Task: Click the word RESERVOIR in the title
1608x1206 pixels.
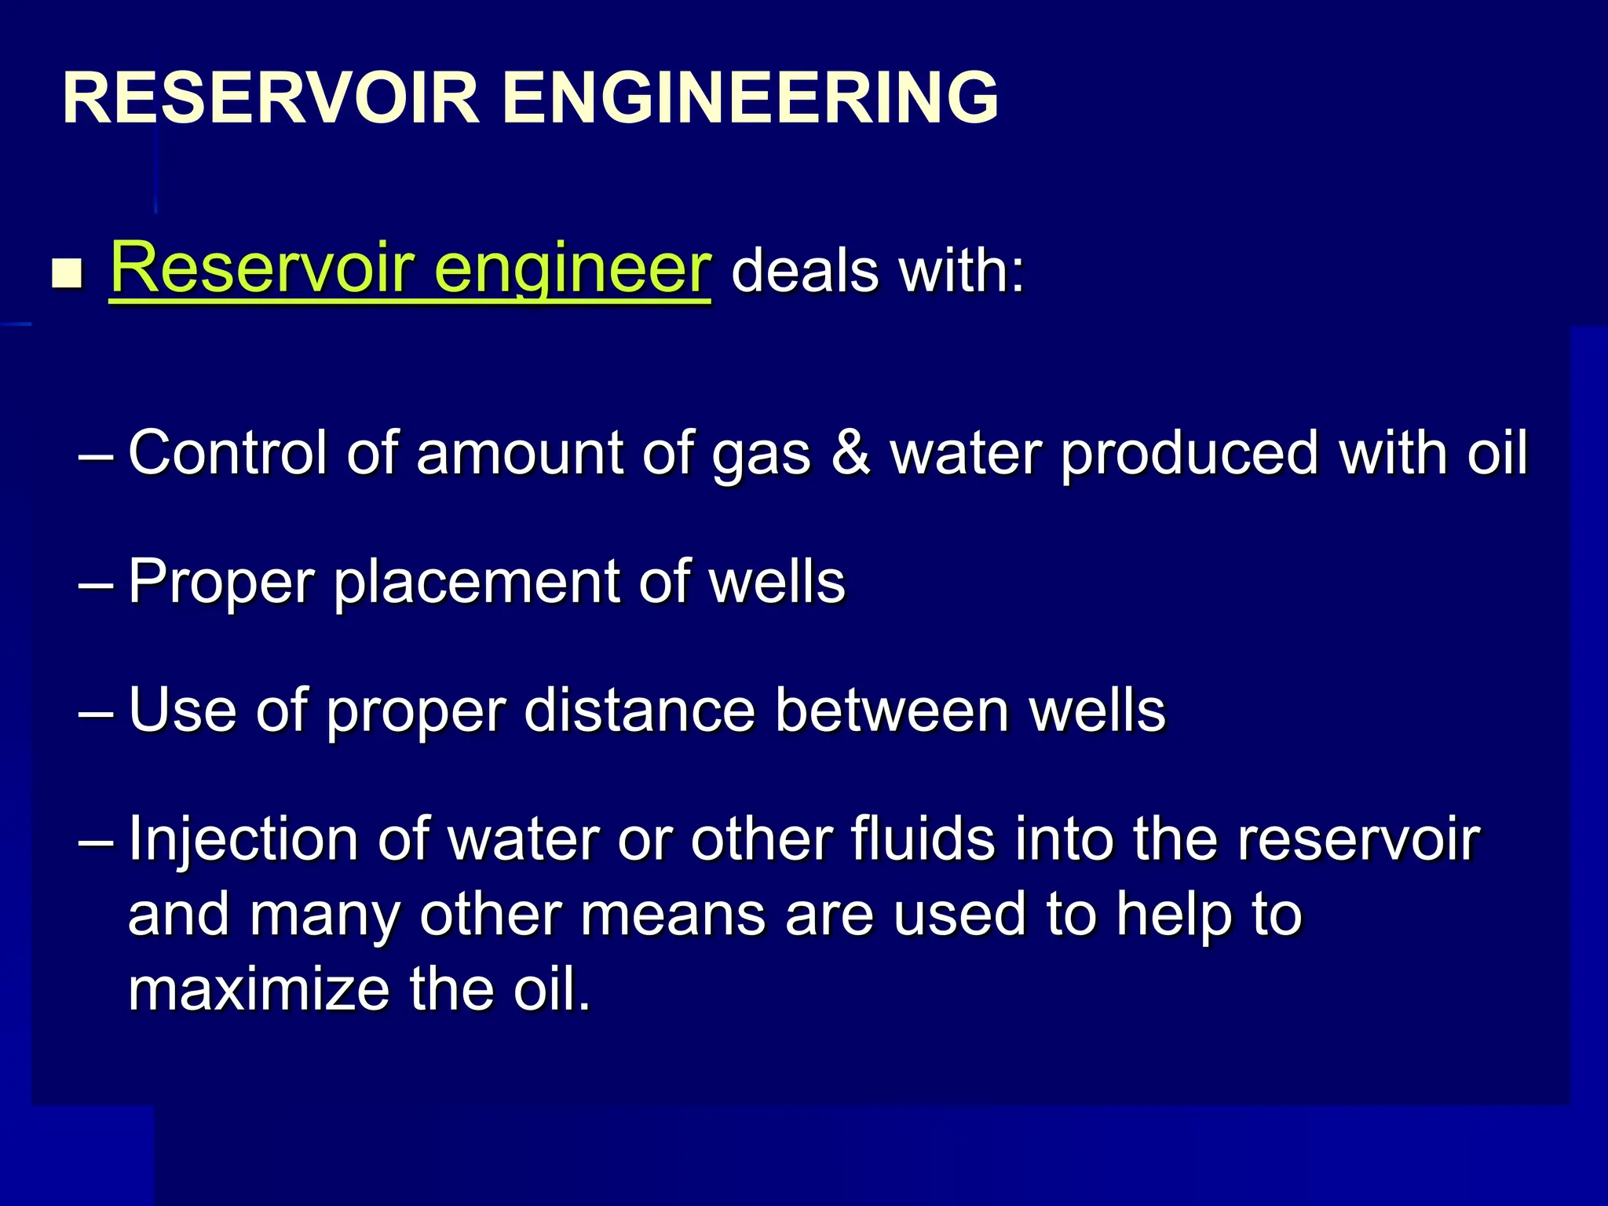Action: [x=271, y=98]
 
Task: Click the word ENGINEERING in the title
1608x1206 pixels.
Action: [x=750, y=98]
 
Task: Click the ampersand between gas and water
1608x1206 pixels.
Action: [x=850, y=453]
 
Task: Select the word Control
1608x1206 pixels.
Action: [x=228, y=453]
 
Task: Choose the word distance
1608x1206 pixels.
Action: [x=639, y=711]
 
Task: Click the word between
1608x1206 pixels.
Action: [x=892, y=711]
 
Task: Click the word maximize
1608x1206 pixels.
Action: [x=258, y=989]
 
